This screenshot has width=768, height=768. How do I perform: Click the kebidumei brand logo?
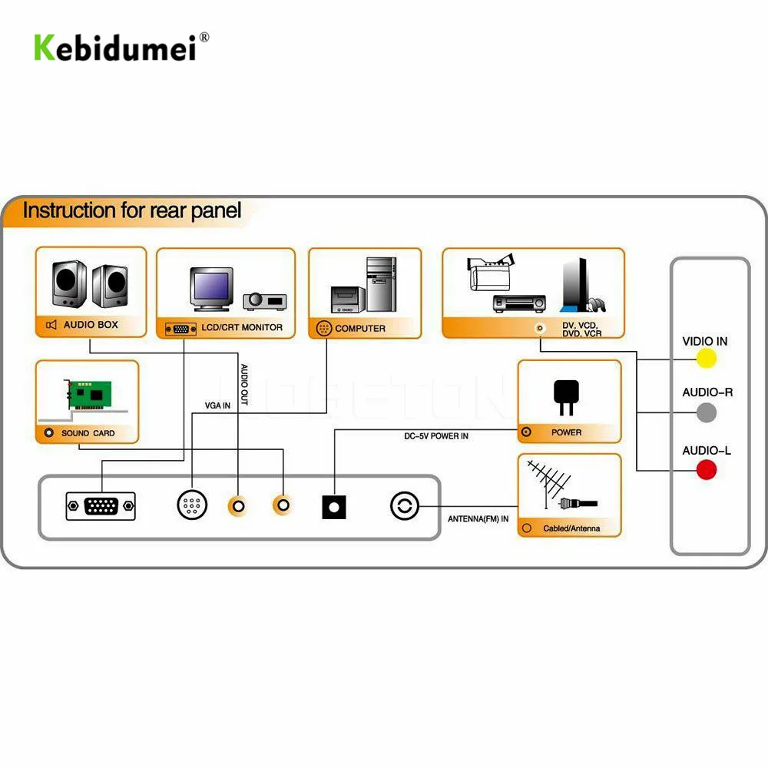coord(121,48)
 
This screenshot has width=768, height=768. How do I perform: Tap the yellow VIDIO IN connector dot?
coord(707,359)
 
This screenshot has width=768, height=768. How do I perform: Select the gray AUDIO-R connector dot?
coord(707,412)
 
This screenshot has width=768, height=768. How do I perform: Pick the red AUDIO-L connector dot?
coord(707,470)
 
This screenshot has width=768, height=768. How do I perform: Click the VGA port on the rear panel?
coord(101,506)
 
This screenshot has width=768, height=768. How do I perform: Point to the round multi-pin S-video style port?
coord(192,505)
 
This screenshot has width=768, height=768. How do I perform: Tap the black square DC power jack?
coord(334,507)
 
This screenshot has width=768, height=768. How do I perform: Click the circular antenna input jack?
coord(405,505)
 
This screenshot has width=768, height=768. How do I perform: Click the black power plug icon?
coord(566,397)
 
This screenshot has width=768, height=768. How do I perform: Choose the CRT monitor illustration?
coord(212,289)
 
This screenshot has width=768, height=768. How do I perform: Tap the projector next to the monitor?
coord(264,300)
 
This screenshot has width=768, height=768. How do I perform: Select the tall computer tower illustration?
coord(382,285)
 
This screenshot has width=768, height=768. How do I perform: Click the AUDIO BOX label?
coord(91,325)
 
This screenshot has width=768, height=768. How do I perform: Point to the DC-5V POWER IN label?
coord(436,436)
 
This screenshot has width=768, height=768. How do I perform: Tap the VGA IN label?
coord(217,406)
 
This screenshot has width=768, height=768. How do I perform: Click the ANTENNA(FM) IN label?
coord(478,519)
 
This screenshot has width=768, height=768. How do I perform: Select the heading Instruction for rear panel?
coord(132,210)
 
